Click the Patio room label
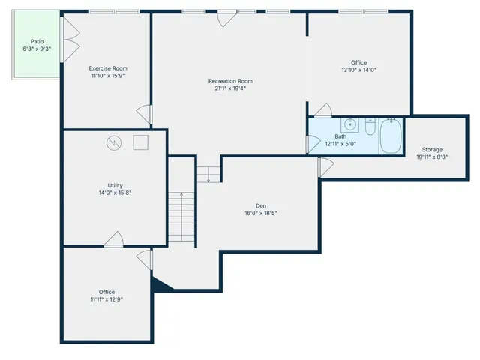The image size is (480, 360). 37,42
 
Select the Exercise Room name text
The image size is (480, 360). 108,68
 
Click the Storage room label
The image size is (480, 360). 432,150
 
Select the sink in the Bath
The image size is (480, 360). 349,124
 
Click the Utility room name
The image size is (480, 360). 115,185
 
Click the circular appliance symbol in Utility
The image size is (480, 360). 113,142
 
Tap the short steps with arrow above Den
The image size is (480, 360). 209,174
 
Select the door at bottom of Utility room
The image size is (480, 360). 115,239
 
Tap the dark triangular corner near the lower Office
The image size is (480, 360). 159,283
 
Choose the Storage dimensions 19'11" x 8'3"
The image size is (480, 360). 432,157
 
